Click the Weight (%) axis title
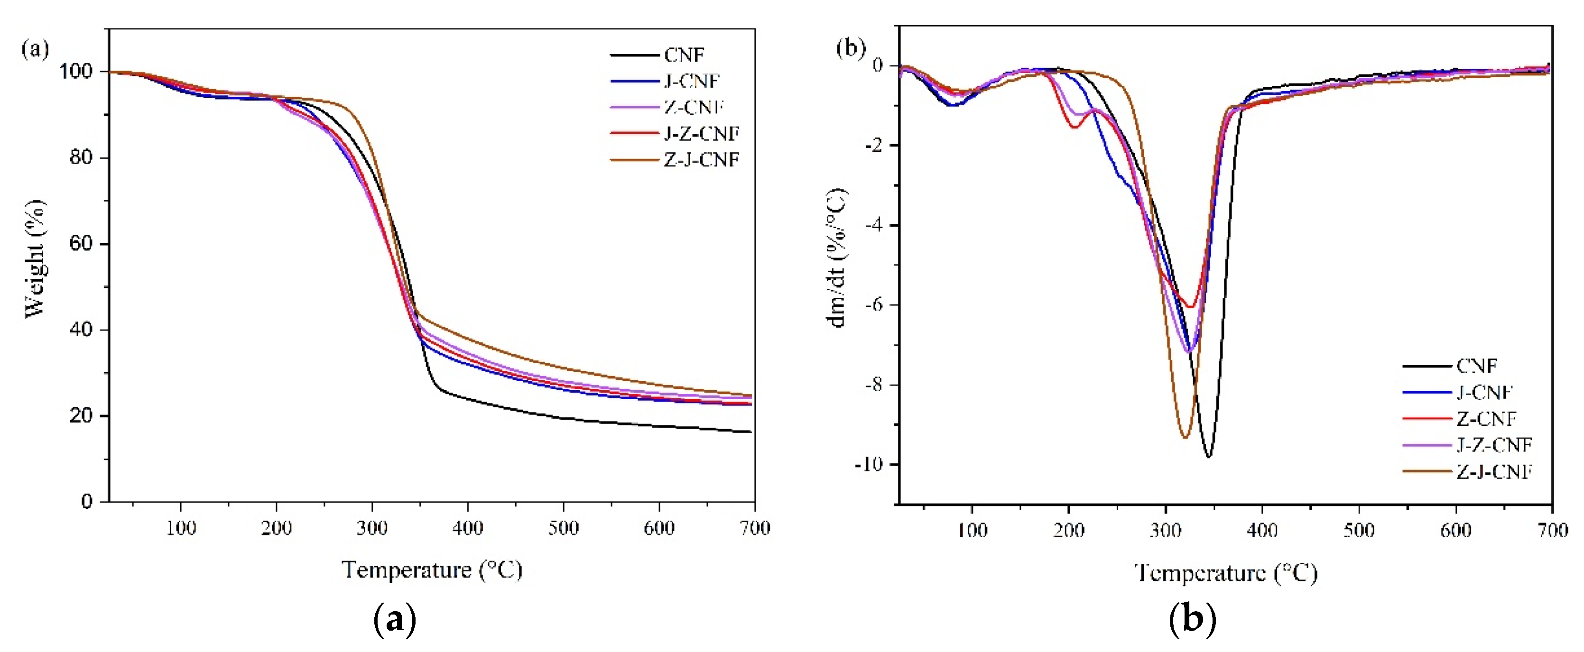(x=35, y=258)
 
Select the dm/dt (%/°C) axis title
(x=836, y=258)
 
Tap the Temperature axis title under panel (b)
(x=1225, y=573)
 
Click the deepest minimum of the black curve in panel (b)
(x=1208, y=457)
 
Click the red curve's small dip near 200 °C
(x=1074, y=127)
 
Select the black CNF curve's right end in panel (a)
(x=750, y=432)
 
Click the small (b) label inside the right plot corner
(x=851, y=47)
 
